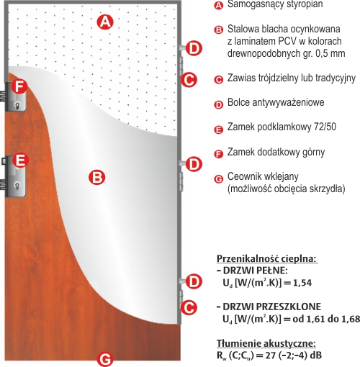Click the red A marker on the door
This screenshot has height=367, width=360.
(105, 22)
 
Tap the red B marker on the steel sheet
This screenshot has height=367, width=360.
(96, 178)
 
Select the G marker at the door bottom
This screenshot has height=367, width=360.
(105, 359)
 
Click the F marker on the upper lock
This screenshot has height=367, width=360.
(19, 86)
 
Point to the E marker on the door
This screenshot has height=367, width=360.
(20, 160)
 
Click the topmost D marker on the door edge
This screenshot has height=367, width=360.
(194, 48)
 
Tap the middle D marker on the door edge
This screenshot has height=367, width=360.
(194, 164)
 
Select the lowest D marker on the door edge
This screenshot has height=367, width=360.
(194, 281)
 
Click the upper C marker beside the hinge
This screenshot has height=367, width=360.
(189, 80)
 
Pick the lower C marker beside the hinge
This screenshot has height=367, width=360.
(189, 307)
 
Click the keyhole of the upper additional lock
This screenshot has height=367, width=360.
(17, 105)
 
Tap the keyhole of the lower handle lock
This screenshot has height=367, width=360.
(17, 186)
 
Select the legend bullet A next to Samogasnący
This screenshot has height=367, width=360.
(218, 5)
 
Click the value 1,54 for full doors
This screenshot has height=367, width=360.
(302, 283)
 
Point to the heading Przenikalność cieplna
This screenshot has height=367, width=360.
(267, 259)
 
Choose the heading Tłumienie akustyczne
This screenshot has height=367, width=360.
(266, 343)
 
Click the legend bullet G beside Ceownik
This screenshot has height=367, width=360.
(218, 179)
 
